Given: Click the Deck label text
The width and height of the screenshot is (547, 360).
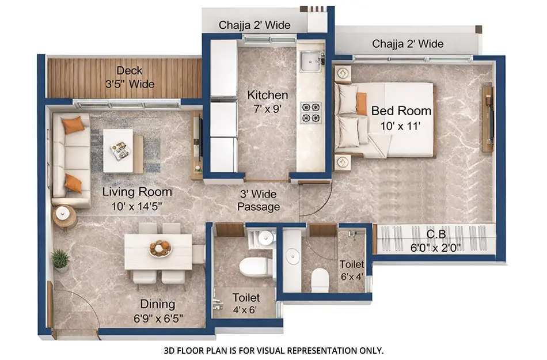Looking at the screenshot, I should pyautogui.click(x=129, y=77).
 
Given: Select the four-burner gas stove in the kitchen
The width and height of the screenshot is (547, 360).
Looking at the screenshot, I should pyautogui.click(x=312, y=112).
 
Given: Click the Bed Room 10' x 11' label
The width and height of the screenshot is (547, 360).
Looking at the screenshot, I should pyautogui.click(x=401, y=117).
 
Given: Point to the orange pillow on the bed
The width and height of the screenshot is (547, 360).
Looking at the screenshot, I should pyautogui.click(x=362, y=104).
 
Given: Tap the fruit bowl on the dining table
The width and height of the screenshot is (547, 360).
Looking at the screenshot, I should pyautogui.click(x=160, y=248).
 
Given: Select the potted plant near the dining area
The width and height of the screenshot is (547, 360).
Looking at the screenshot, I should pyautogui.click(x=60, y=260).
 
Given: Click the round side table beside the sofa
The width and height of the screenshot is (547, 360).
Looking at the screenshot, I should pyautogui.click(x=65, y=217).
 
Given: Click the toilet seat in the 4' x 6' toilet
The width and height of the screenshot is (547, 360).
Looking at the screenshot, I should pyautogui.click(x=255, y=267).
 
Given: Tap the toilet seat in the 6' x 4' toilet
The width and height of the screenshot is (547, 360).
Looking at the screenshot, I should pyautogui.click(x=320, y=280).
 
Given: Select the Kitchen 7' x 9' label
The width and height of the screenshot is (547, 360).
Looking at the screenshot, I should pyautogui.click(x=267, y=101).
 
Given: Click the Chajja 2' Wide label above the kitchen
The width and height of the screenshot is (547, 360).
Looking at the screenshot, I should pyautogui.click(x=254, y=25).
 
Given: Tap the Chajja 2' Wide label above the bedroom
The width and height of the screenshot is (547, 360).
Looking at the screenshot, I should pyautogui.click(x=407, y=44).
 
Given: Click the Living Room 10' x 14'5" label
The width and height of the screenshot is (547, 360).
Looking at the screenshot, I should pyautogui.click(x=137, y=197).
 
